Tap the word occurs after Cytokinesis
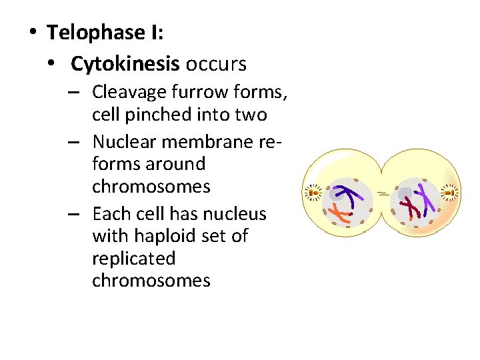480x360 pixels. (x=216, y=64)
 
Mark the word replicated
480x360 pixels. (x=134, y=258)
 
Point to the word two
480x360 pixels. (x=251, y=115)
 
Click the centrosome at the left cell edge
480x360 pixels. (x=313, y=193)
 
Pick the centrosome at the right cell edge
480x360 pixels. (x=450, y=193)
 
